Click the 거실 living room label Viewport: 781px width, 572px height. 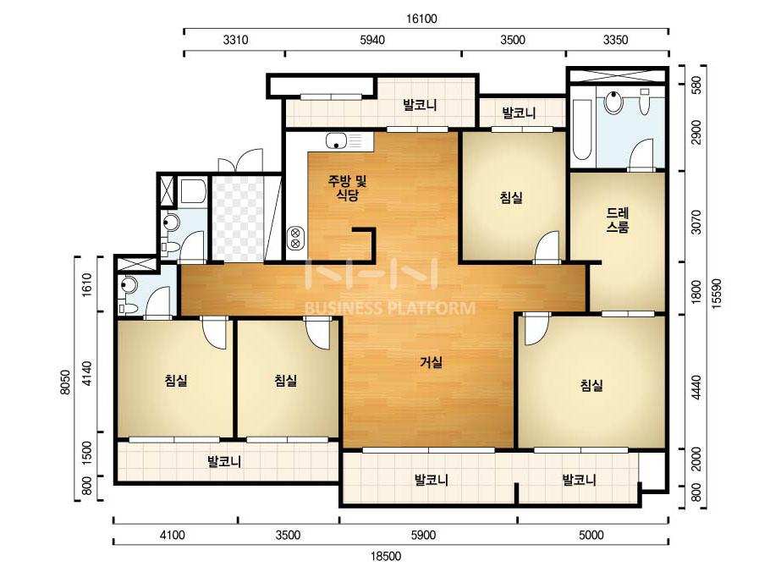(x=431, y=362)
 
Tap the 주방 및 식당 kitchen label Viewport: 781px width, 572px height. (x=347, y=187)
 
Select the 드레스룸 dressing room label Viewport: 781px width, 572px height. (x=618, y=220)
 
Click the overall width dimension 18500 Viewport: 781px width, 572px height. (x=387, y=556)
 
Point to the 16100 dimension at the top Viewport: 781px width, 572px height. (x=421, y=19)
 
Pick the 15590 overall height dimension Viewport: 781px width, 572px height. (x=717, y=294)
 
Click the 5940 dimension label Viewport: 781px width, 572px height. (x=372, y=40)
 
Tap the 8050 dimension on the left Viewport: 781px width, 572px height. (x=65, y=382)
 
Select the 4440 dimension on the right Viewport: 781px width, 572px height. (x=696, y=388)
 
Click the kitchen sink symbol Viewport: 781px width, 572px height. (x=337, y=141)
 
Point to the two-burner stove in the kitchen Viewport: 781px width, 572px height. (x=295, y=238)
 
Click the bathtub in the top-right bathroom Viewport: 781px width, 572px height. (x=582, y=129)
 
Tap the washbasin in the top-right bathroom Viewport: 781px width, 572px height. (x=614, y=102)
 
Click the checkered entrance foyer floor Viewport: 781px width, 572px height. (x=238, y=217)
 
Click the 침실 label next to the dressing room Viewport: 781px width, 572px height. (x=512, y=197)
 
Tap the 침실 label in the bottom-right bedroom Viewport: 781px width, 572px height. (x=591, y=385)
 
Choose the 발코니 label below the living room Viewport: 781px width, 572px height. (x=432, y=480)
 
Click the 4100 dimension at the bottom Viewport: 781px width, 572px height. (x=173, y=535)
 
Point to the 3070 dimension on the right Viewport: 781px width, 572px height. (x=696, y=223)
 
